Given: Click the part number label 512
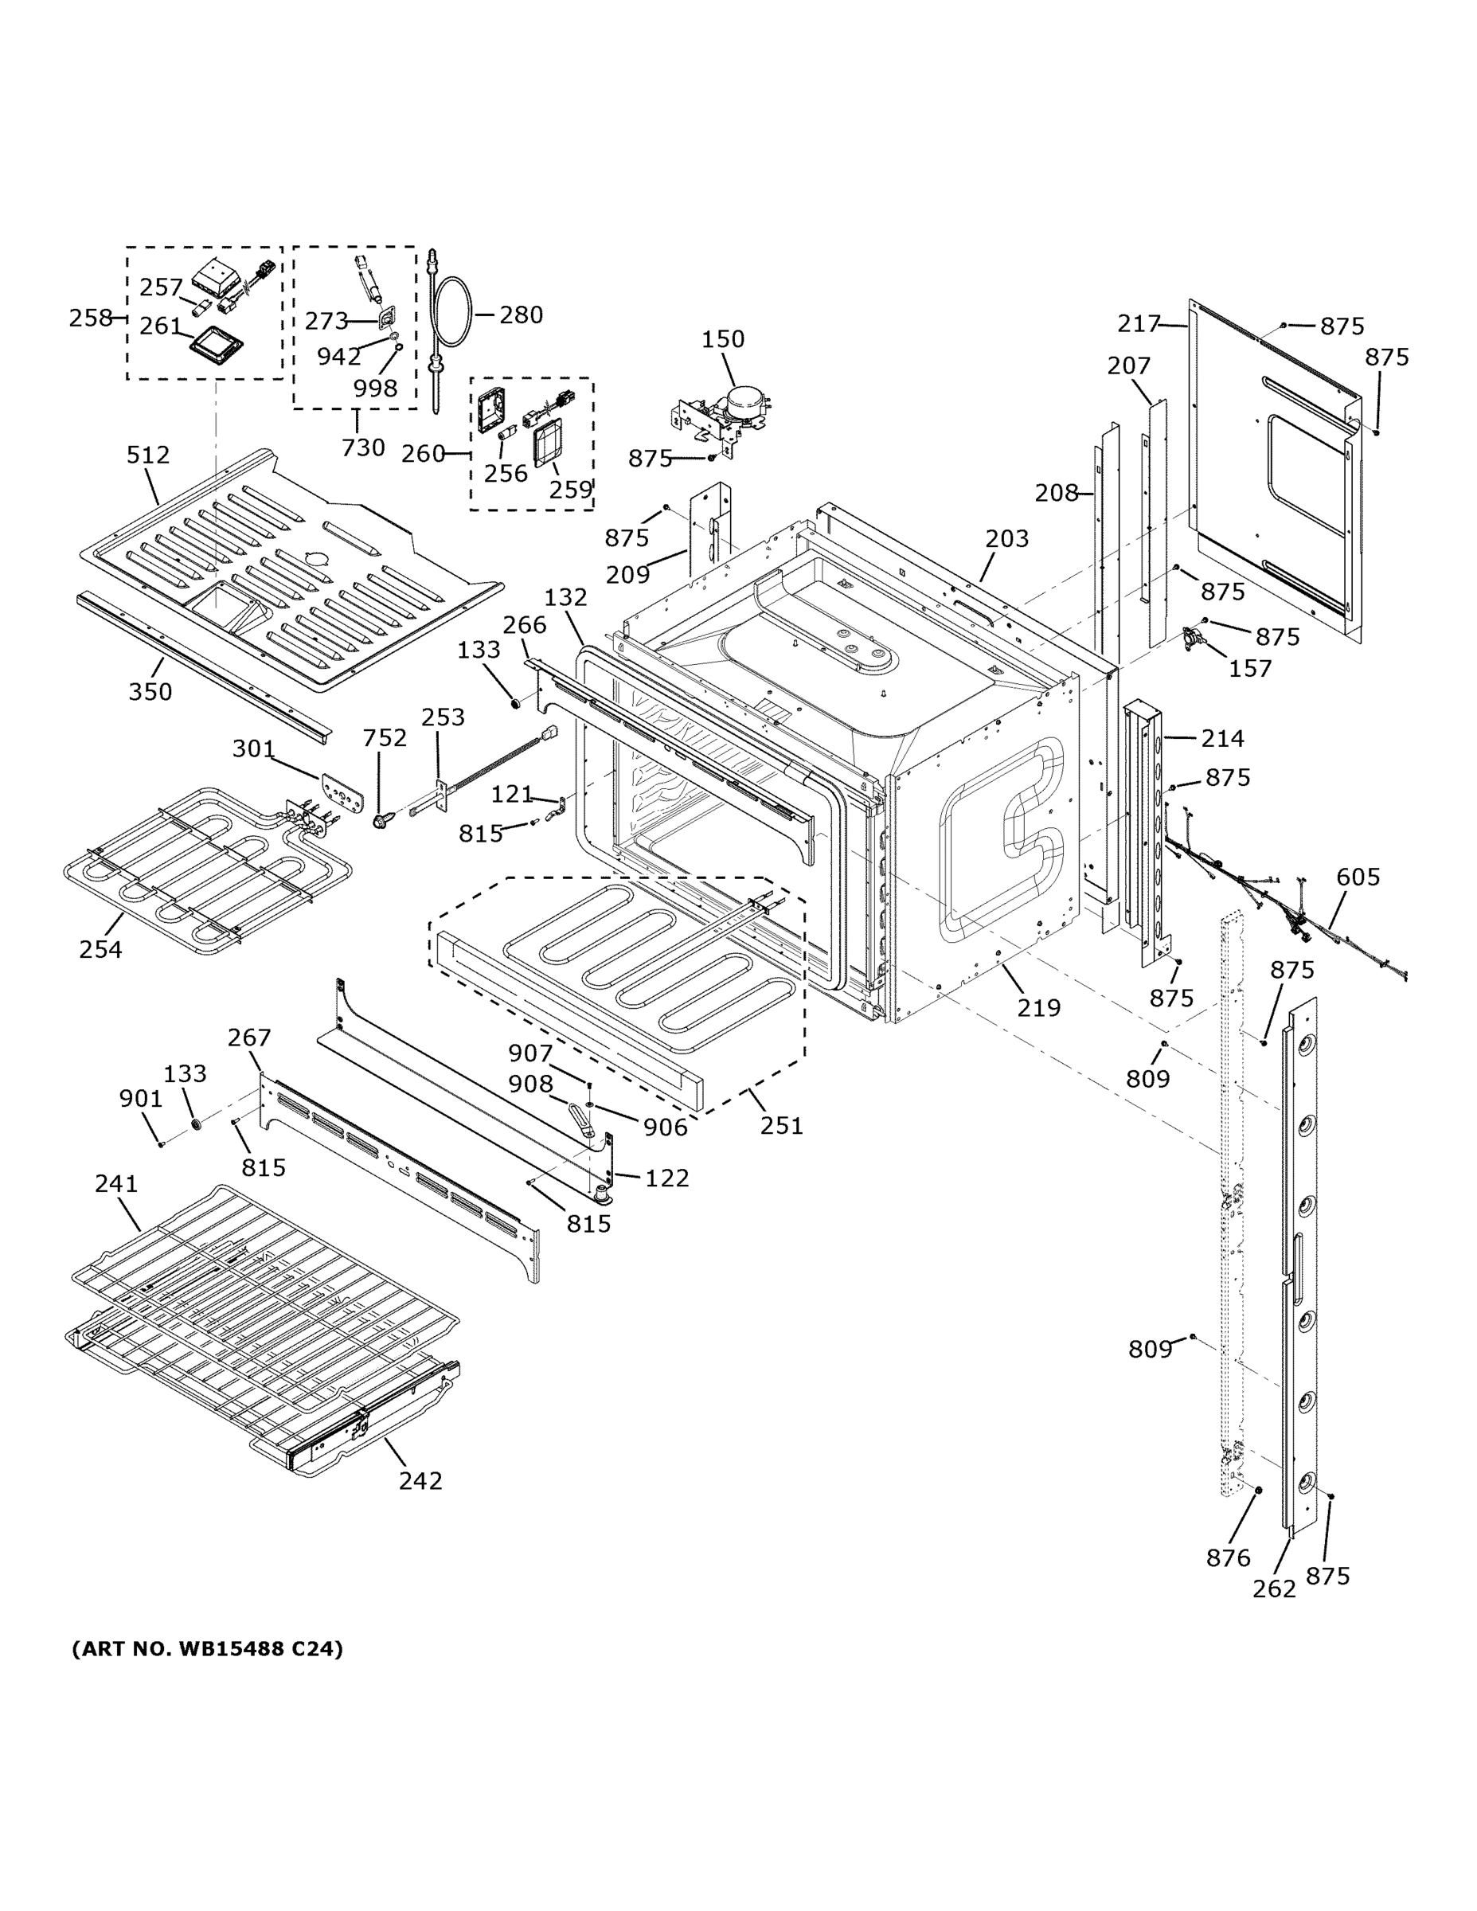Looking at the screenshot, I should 148,455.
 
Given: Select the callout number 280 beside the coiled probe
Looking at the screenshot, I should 521,315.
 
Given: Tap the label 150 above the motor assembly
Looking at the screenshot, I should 723,339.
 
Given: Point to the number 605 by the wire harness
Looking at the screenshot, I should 1358,877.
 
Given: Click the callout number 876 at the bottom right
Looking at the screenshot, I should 1228,1557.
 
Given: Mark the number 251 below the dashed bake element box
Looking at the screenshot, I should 781,1125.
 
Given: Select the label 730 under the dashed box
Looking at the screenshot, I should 362,448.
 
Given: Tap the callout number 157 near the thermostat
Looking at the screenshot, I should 1249,669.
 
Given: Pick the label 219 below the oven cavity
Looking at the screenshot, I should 1038,1008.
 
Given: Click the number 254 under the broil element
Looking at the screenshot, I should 100,949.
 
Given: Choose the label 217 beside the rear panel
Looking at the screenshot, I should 1138,325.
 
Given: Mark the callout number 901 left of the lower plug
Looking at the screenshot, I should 141,1099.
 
